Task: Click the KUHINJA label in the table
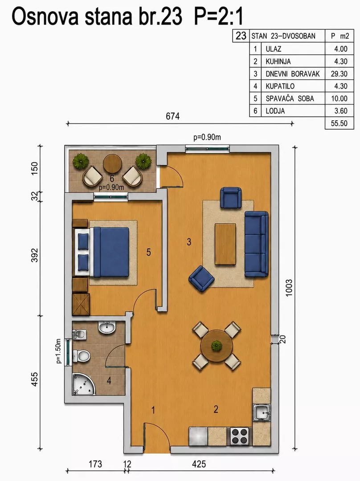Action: tap(278, 61)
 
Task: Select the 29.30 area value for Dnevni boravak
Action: tap(339, 74)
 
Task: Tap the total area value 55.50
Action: tap(339, 123)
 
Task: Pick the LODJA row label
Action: tap(275, 111)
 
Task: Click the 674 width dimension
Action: tap(172, 116)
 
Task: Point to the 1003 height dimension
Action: tap(289, 288)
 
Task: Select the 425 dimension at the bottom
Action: tap(199, 464)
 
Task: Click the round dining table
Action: tap(217, 346)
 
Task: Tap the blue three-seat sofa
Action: tap(256, 244)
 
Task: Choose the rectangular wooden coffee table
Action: tap(225, 244)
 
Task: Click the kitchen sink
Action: tap(262, 412)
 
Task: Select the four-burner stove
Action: tap(240, 436)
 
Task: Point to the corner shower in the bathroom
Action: tap(83, 384)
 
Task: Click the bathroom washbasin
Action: tap(107, 327)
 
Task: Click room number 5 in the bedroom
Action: tap(148, 253)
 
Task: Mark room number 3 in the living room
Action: tap(189, 242)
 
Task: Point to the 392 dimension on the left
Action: tap(35, 255)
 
